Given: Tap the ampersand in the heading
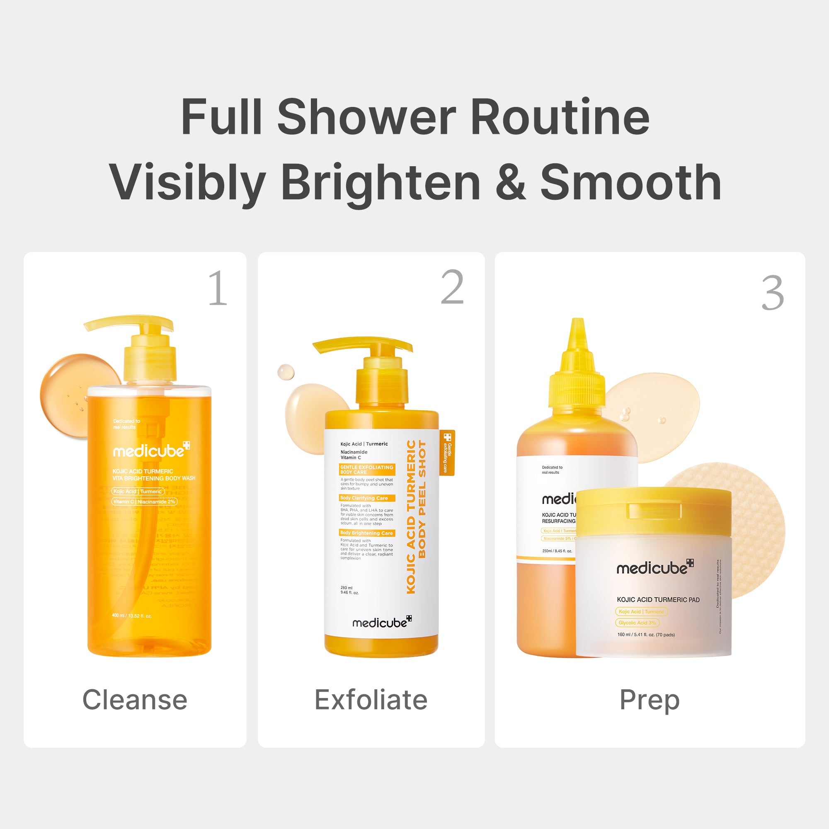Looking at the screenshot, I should click(x=510, y=182).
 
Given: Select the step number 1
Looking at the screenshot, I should click(x=218, y=288).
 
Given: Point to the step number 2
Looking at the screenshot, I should click(x=452, y=287).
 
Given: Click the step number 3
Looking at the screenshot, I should click(x=772, y=293).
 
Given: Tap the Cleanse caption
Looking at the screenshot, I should click(x=135, y=700).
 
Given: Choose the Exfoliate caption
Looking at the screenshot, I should click(x=371, y=700).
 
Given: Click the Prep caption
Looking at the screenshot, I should click(x=649, y=700).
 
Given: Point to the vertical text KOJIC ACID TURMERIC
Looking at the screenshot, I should click(x=411, y=517).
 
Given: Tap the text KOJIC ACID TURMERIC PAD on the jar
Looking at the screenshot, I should click(x=658, y=599).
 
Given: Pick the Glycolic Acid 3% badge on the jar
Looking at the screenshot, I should click(x=637, y=623).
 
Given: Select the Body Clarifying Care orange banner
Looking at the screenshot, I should click(x=366, y=498).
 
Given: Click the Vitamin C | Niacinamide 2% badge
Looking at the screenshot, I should click(x=144, y=502).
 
